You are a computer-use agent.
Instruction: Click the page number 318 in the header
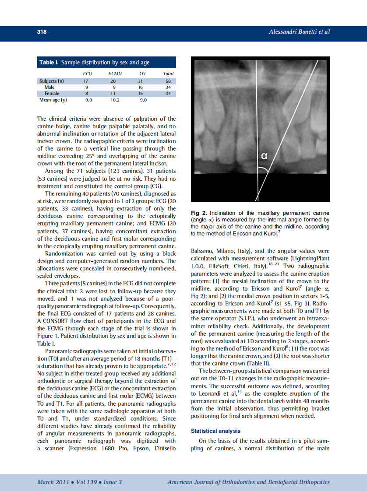coord(42,32)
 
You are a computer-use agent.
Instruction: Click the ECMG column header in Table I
coord(115,74)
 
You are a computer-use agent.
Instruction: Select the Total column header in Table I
coord(168,74)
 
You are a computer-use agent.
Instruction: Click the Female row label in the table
coord(52,93)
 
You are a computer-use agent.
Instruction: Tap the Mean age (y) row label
coord(53,100)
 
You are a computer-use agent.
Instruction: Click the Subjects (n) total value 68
coord(168,81)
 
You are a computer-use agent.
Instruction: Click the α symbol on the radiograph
coord(264,155)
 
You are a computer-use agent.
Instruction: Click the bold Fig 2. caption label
coord(199,213)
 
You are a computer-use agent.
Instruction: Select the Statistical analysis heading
coord(215,431)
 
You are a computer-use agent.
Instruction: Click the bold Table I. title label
coord(49,63)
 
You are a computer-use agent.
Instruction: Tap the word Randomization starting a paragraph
coord(65,253)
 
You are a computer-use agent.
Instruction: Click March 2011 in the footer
coord(52,482)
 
